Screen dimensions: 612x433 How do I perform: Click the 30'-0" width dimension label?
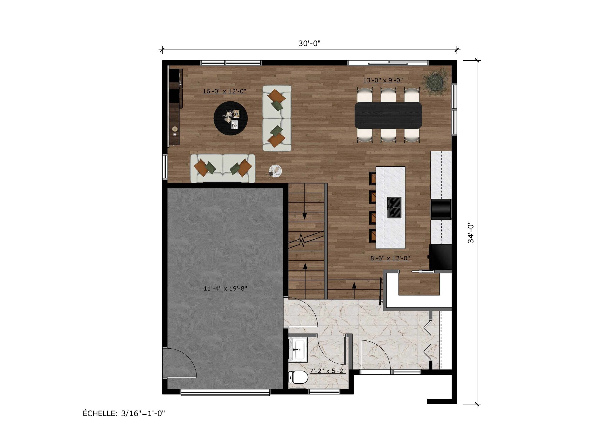[309, 44]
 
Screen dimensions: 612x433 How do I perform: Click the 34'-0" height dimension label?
[471, 233]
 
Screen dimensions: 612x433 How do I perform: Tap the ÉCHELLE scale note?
[124, 414]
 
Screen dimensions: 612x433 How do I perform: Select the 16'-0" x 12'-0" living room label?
[224, 91]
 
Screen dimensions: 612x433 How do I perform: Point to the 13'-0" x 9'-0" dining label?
[383, 80]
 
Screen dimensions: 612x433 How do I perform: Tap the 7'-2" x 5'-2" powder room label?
[328, 371]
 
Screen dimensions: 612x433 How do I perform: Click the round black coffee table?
[230, 118]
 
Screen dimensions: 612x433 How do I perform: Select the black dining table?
[388, 115]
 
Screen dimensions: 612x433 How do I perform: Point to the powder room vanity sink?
[298, 349]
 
